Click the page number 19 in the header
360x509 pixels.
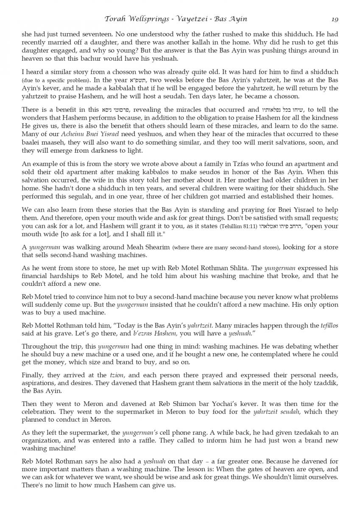(x=335, y=19)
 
